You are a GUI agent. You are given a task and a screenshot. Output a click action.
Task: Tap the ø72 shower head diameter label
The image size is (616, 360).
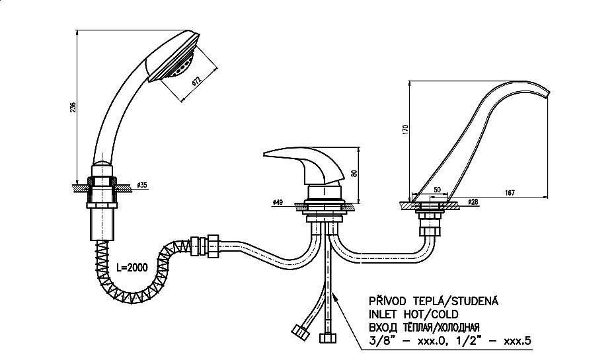pyautogui.click(x=197, y=83)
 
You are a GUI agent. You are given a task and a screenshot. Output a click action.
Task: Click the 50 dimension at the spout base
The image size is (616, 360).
pyautogui.click(x=436, y=190)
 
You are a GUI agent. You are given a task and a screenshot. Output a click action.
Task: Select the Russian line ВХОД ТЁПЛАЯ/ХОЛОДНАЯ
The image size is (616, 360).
pyautogui.click(x=424, y=327)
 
